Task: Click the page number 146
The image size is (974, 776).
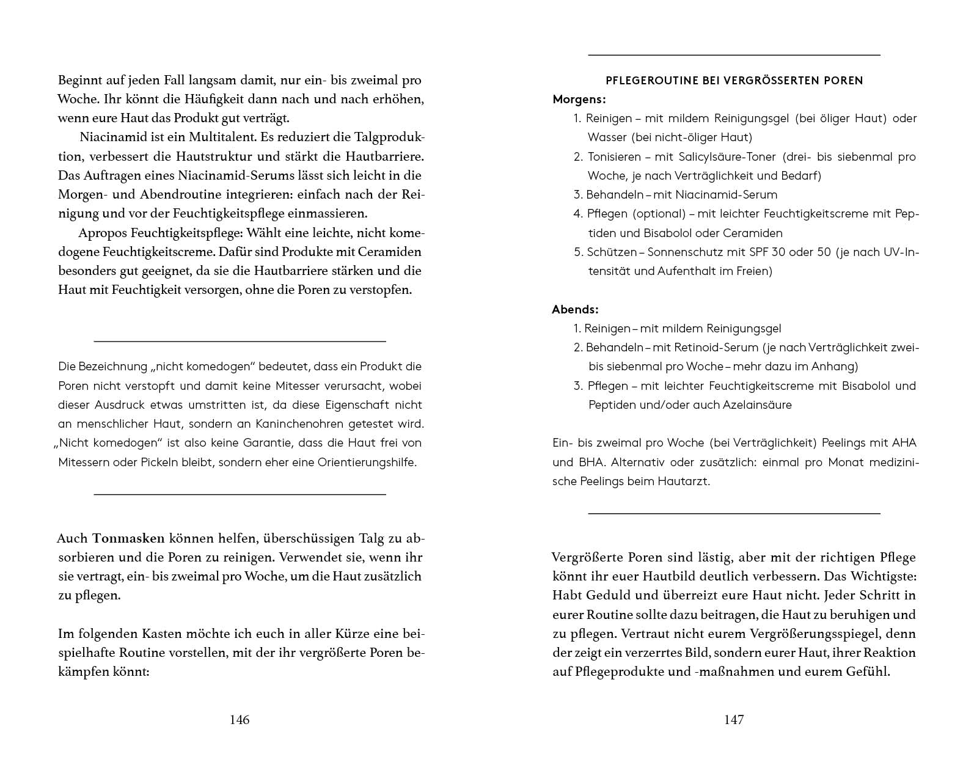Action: click(x=240, y=720)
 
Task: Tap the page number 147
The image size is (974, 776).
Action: click(x=734, y=720)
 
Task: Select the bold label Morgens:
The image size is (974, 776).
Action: click(x=579, y=99)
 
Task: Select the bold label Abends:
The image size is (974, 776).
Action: click(x=575, y=309)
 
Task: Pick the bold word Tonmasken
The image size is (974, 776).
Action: click(x=128, y=538)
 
